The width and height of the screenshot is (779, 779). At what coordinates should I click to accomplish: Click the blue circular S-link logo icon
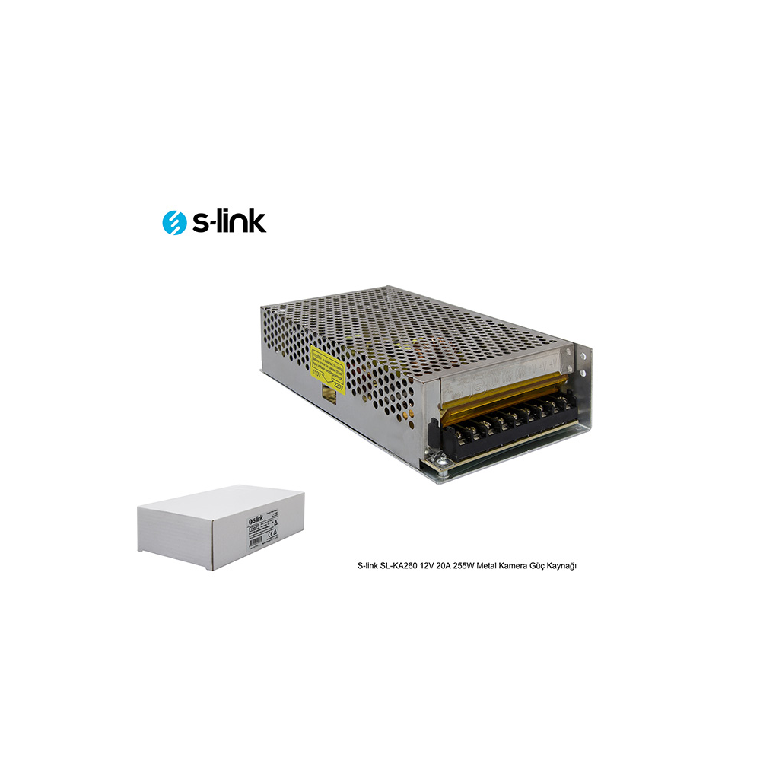[x=175, y=221]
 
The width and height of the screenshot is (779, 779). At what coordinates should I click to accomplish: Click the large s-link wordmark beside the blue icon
[x=227, y=221]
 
